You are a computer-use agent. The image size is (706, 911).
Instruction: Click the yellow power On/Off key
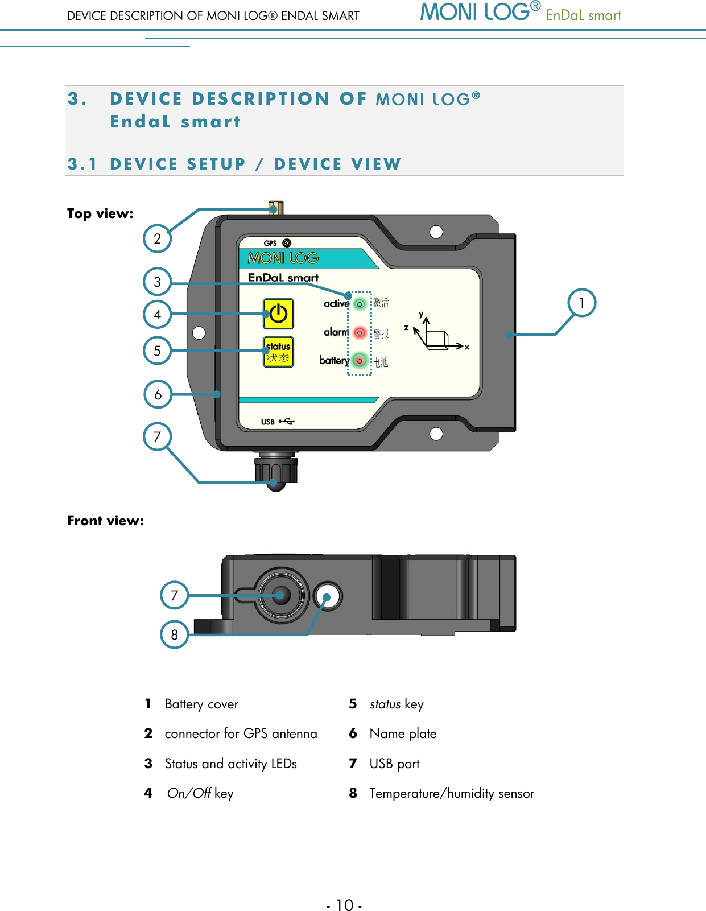click(x=278, y=314)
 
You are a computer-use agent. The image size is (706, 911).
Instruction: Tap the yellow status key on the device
click(x=278, y=352)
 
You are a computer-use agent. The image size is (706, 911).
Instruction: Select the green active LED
click(x=360, y=304)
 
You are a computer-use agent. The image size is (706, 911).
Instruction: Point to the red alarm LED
click(x=360, y=332)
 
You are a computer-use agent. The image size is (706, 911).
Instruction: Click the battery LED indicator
click(x=360, y=360)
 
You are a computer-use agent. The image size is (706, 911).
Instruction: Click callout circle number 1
click(x=582, y=303)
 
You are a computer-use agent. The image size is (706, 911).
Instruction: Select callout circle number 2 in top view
click(x=158, y=238)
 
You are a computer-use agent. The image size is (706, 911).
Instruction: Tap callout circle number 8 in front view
click(x=174, y=634)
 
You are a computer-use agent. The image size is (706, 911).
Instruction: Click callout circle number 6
click(x=158, y=394)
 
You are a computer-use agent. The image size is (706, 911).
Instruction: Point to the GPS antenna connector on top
click(x=275, y=208)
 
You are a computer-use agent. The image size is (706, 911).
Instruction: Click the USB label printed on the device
click(x=268, y=422)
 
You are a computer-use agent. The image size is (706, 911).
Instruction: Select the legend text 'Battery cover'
click(x=201, y=704)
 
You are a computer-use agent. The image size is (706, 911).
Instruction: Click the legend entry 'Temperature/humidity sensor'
click(x=452, y=793)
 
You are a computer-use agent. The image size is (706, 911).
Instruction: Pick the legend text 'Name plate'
click(x=403, y=734)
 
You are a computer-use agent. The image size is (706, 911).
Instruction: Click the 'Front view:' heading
click(x=106, y=521)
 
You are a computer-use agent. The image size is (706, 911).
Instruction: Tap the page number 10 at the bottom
click(x=344, y=904)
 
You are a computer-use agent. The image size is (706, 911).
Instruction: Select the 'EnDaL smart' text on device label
click(x=283, y=278)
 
